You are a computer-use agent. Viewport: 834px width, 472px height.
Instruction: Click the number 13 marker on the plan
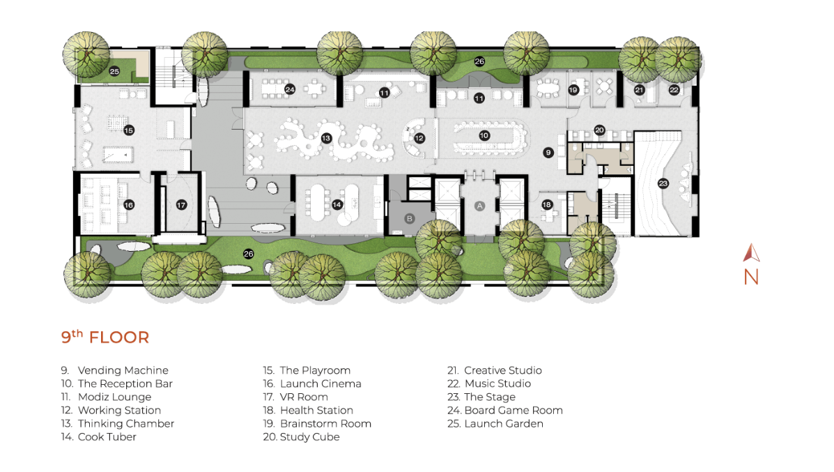[326, 138]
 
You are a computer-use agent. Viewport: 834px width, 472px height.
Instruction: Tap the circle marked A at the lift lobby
[480, 206]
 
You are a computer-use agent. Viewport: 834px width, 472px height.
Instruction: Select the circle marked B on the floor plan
[409, 219]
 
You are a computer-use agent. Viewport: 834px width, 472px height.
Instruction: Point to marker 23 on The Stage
[663, 183]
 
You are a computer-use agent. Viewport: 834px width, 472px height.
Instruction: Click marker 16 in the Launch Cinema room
[129, 205]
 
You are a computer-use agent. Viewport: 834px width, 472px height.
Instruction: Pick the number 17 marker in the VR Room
[181, 205]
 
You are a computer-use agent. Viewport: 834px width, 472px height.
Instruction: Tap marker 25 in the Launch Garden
[114, 71]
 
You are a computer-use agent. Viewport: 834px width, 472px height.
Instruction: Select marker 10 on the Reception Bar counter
[484, 136]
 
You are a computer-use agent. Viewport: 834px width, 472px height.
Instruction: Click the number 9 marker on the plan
[548, 153]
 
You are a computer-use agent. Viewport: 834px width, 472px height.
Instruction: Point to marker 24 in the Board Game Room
[290, 89]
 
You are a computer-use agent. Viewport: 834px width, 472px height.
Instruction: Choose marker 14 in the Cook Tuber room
[337, 205]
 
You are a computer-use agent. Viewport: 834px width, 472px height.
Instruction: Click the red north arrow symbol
[751, 253]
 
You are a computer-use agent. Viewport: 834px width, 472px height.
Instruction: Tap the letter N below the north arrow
[751, 277]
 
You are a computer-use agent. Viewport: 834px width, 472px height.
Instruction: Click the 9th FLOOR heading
[105, 337]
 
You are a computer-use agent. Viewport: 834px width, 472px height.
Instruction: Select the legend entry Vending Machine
[114, 370]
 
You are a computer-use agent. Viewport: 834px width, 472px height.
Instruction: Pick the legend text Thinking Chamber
[118, 424]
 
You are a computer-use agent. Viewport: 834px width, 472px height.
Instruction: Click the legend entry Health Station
[308, 410]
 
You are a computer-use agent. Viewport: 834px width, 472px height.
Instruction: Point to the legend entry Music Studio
[489, 383]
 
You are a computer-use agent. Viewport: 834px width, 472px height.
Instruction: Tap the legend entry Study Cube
[301, 437]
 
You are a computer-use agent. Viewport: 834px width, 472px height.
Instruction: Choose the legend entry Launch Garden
[495, 424]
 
